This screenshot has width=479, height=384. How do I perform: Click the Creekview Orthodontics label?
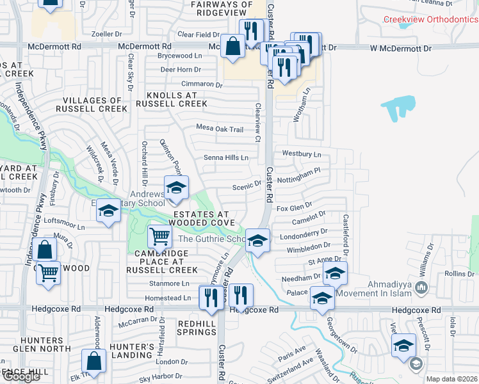pos(430,19)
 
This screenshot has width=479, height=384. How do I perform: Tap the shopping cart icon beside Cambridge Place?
pos(160,236)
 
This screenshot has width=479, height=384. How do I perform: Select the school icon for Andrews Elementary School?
pos(174,187)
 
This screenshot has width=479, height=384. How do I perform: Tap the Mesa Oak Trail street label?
pos(220,129)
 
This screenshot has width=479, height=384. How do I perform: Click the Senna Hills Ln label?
pos(225,157)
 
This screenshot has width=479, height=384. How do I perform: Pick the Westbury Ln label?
pos(301,154)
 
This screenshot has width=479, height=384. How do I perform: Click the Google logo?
pos(20,377)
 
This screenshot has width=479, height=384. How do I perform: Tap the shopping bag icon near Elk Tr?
pos(94,360)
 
